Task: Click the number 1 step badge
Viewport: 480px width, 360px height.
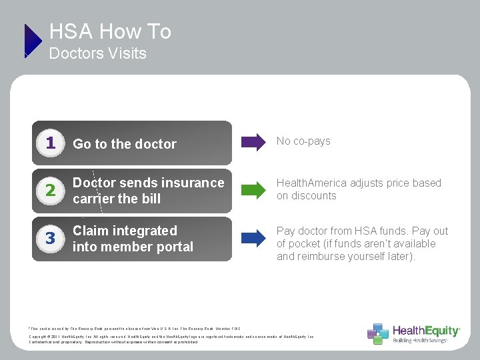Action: tap(50, 143)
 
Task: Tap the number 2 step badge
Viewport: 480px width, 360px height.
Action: tap(50, 191)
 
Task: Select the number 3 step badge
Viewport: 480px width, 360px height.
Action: tap(50, 239)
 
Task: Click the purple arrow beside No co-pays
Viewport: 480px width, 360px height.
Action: tap(253, 141)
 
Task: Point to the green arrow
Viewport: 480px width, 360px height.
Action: tap(253, 189)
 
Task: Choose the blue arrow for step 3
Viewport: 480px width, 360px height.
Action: tap(253, 237)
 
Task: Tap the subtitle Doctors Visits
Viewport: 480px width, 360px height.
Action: tap(98, 53)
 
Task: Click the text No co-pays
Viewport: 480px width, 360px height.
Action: tap(303, 141)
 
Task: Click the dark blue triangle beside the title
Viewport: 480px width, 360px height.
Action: tap(32, 41)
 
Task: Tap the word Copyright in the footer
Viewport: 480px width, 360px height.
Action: tap(40, 337)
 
